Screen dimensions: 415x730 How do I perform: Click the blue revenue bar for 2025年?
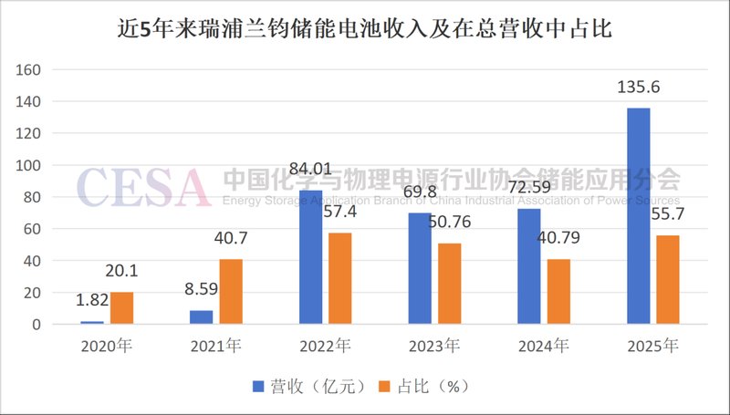click(639, 216)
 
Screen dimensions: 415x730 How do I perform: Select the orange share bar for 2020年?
click(121, 308)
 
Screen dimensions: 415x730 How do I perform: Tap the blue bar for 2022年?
click(310, 257)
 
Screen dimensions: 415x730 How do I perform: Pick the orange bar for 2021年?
click(231, 292)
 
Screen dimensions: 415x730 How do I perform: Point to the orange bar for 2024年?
click(558, 292)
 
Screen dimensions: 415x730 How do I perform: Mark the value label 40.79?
click(558, 241)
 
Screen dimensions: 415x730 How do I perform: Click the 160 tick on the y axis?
click(30, 69)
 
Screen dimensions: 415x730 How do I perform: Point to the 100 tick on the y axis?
click(30, 165)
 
